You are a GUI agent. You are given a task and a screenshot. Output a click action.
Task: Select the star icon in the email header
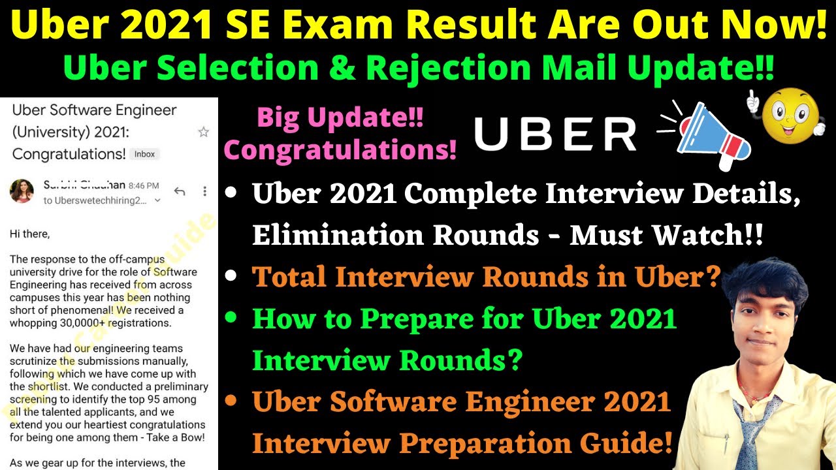[x=203, y=132]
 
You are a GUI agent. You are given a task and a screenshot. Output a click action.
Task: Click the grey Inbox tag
[x=145, y=155]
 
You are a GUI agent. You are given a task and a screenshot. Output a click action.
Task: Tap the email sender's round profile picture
[x=22, y=191]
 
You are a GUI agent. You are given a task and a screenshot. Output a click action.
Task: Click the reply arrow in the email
[x=180, y=191]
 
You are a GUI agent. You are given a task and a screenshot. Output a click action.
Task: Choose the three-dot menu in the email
[x=204, y=191]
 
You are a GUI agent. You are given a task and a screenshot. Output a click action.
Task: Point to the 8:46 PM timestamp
[x=144, y=186]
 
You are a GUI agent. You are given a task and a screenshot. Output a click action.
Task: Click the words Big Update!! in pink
[x=340, y=119]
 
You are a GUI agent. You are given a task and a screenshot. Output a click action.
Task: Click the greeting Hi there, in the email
[x=30, y=232]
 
